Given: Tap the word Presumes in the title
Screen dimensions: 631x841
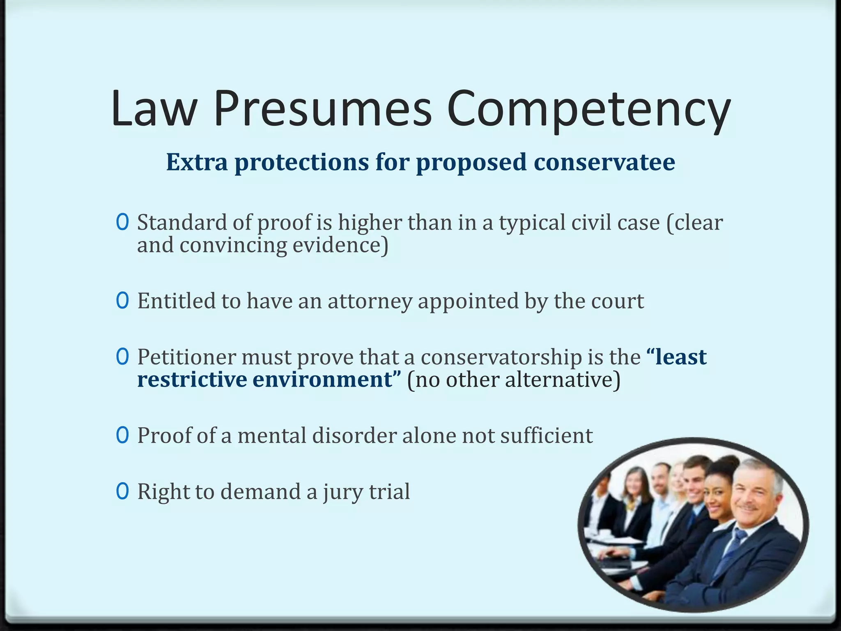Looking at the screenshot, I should pos(323,109).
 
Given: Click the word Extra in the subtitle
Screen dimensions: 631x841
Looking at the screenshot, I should pos(197,162).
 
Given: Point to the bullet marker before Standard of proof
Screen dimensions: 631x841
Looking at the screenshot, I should pos(122,223).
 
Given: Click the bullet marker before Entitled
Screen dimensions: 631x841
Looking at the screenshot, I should pos(122,301).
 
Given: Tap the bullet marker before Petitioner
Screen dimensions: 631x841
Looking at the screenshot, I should pos(122,357).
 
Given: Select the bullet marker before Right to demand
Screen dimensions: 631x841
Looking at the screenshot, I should pos(122,491).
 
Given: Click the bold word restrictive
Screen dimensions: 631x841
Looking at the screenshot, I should pos(192,379).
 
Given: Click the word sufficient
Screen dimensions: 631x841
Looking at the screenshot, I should pos(546,435).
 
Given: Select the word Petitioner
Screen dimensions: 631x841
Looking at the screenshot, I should pos(187,357).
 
